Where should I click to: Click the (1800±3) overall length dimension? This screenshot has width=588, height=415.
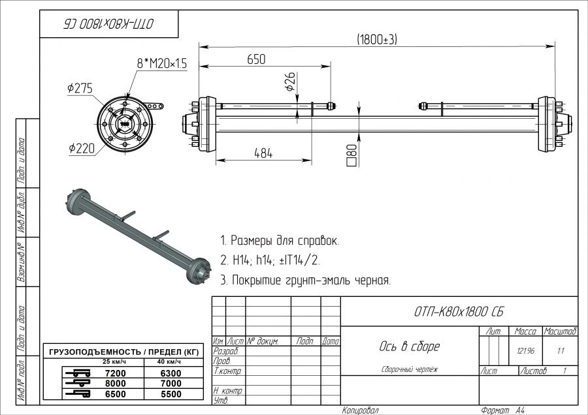(377, 40)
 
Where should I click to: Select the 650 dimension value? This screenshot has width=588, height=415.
(256, 59)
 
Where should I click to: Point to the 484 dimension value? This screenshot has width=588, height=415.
(263, 153)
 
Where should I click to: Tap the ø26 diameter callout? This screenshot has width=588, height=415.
(291, 82)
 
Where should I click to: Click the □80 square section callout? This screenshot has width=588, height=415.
(352, 154)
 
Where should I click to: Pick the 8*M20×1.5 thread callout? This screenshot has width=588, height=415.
(161, 63)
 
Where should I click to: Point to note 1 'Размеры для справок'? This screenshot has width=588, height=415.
(280, 240)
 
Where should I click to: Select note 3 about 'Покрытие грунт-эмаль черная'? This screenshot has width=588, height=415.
(305, 281)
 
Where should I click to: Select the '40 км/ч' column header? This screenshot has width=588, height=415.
(169, 361)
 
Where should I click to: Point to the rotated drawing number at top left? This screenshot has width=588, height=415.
(108, 24)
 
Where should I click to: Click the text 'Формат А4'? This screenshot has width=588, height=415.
(502, 410)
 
